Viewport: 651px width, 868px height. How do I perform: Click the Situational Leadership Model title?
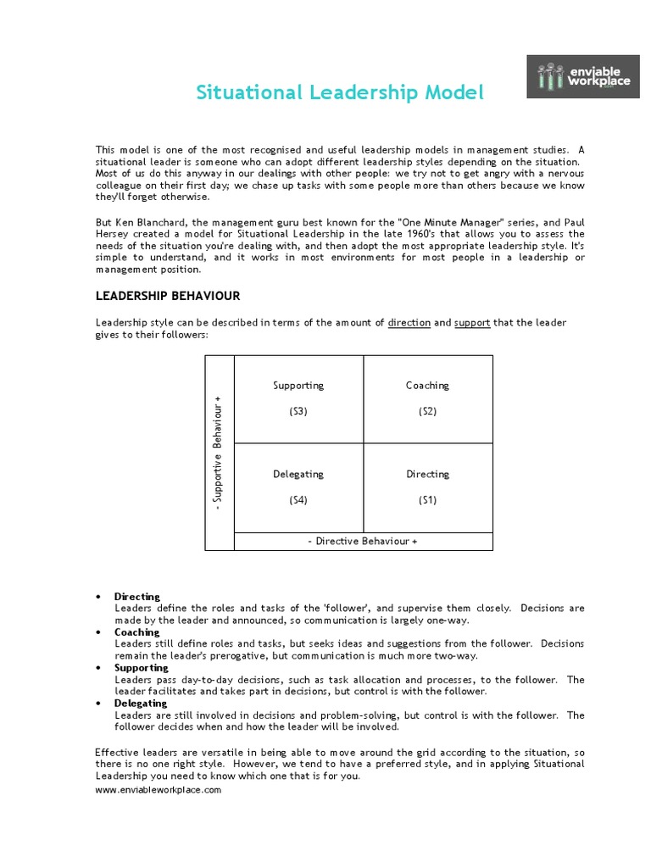(340, 92)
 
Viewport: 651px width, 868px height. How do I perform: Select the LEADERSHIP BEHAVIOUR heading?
(167, 296)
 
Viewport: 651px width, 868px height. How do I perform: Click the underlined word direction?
(409, 323)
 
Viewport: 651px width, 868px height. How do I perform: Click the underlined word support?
(472, 323)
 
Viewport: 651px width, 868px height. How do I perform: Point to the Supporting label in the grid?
(298, 386)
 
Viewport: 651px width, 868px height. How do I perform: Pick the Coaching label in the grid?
(427, 386)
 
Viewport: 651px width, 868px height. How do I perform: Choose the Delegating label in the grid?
(298, 475)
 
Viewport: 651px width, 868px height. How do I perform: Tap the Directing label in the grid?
(427, 475)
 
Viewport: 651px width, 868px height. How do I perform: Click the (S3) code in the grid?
(298, 411)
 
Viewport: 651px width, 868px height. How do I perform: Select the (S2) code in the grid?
(427, 411)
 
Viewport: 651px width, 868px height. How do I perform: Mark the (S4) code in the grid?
(298, 500)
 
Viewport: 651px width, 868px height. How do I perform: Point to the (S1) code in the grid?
(427, 500)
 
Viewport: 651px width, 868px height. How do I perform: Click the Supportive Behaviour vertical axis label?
(220, 453)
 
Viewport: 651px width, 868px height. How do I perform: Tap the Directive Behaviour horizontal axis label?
(363, 541)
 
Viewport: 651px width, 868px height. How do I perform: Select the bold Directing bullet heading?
(136, 597)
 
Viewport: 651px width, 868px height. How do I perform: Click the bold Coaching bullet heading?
(136, 632)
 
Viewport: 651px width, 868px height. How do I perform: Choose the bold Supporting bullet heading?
(141, 668)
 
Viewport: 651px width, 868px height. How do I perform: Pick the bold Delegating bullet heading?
(141, 704)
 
